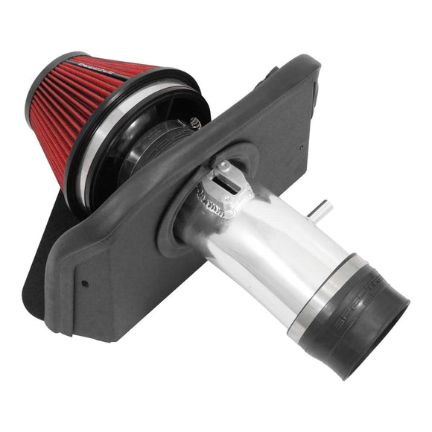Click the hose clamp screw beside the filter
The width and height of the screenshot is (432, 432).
coord(195,124)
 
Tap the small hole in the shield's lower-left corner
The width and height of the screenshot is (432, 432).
coord(83,283)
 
